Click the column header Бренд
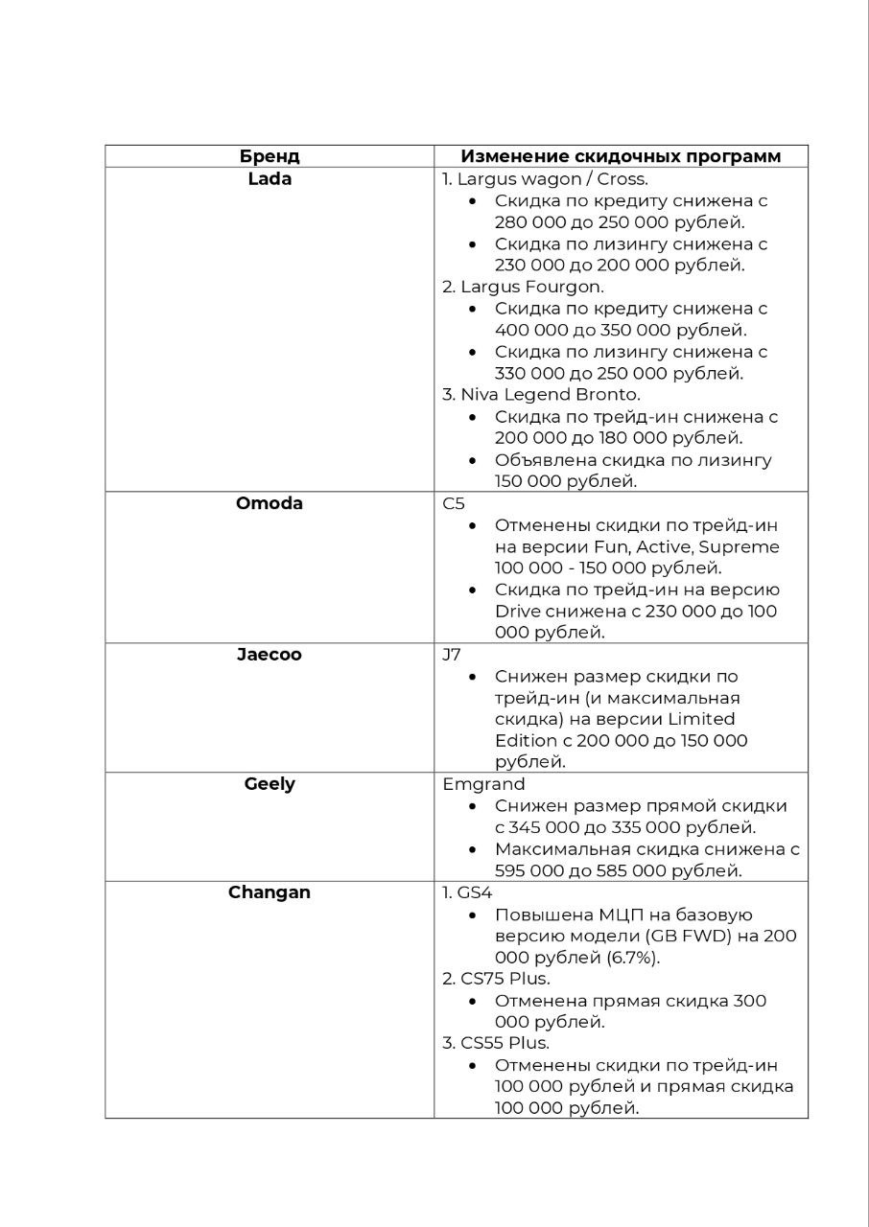(269, 156)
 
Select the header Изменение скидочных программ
(621, 156)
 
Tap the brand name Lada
(269, 178)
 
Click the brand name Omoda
(269, 503)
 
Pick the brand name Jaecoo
(269, 655)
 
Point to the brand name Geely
(269, 784)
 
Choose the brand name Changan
(269, 892)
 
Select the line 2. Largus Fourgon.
(523, 287)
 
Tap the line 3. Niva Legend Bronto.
(541, 394)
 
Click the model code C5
(453, 503)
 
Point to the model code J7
(452, 655)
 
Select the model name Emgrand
(483, 784)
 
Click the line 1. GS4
(467, 892)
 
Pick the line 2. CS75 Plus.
(496, 979)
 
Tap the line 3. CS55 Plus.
(496, 1043)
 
